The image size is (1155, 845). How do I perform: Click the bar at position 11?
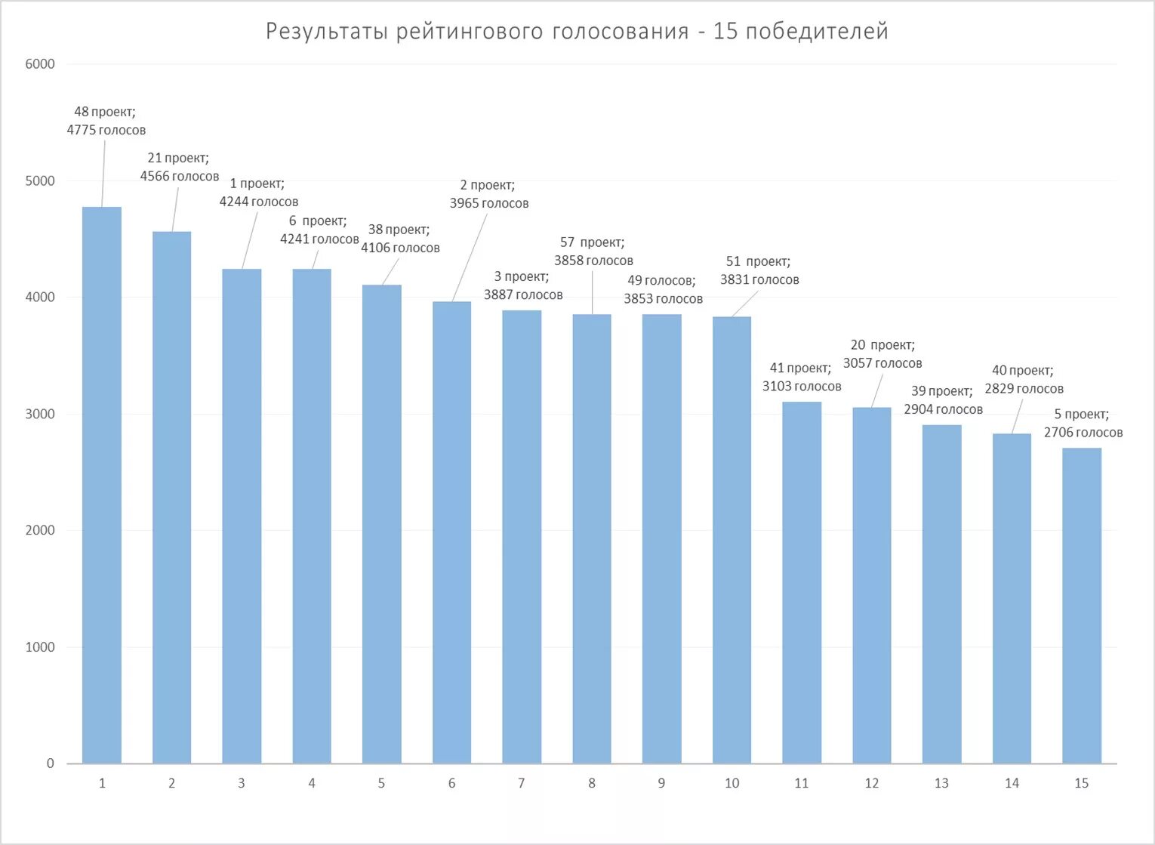(x=801, y=582)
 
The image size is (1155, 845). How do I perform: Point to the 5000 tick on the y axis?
(x=40, y=180)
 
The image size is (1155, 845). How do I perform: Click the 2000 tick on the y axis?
(x=40, y=530)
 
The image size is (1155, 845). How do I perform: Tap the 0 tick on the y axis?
(x=50, y=763)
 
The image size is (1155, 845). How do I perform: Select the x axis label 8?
(x=591, y=784)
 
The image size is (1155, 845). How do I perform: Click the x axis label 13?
(x=941, y=784)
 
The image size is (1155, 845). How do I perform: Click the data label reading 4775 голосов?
(x=106, y=130)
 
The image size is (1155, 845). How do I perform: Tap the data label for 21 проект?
(x=179, y=167)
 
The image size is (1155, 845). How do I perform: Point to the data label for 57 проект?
(x=593, y=251)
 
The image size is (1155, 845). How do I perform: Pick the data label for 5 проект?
(x=1083, y=423)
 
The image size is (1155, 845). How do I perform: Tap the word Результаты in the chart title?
(x=327, y=32)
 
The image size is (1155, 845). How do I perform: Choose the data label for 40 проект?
(x=1024, y=379)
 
